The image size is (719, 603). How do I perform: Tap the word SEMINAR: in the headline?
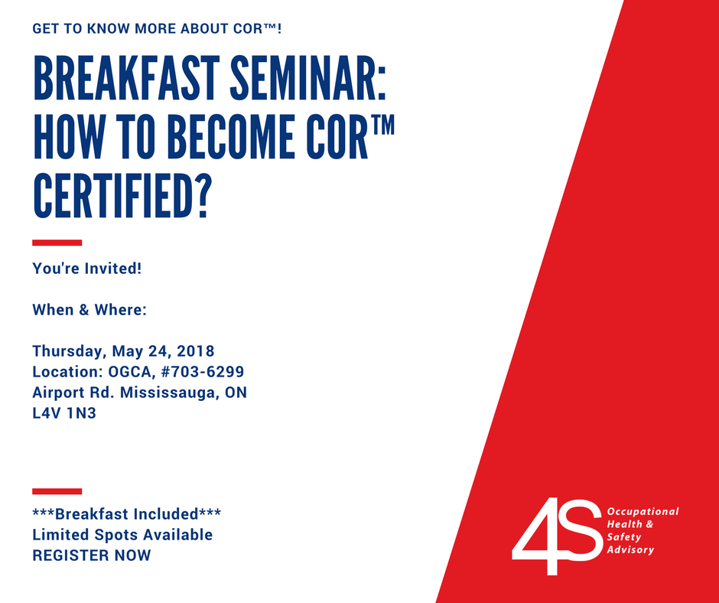pyautogui.click(x=308, y=78)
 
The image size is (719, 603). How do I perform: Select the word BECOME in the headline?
pyautogui.click(x=232, y=137)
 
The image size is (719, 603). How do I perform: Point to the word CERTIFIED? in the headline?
pyautogui.click(x=122, y=195)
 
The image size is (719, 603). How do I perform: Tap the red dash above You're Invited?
pyautogui.click(x=57, y=243)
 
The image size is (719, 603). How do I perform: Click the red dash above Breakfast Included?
pyautogui.click(x=57, y=491)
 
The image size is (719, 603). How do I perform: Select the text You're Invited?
pyautogui.click(x=87, y=269)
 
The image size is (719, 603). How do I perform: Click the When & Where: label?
pyautogui.click(x=89, y=310)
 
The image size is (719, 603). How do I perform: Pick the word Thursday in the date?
pyautogui.click(x=70, y=351)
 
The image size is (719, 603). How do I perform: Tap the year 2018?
pyautogui.click(x=195, y=351)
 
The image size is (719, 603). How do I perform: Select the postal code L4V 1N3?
pyautogui.click(x=64, y=413)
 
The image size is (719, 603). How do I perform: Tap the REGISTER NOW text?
pyautogui.click(x=92, y=556)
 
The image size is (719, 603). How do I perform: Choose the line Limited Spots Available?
pyautogui.click(x=122, y=535)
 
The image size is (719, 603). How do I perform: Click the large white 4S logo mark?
pyautogui.click(x=557, y=536)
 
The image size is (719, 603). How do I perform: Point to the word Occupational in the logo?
pyautogui.click(x=643, y=512)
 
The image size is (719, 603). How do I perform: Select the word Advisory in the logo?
pyautogui.click(x=630, y=549)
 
